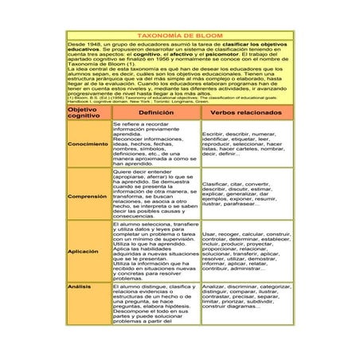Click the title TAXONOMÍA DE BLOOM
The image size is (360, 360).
click(x=179, y=36)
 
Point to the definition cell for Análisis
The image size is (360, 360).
click(x=155, y=305)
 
